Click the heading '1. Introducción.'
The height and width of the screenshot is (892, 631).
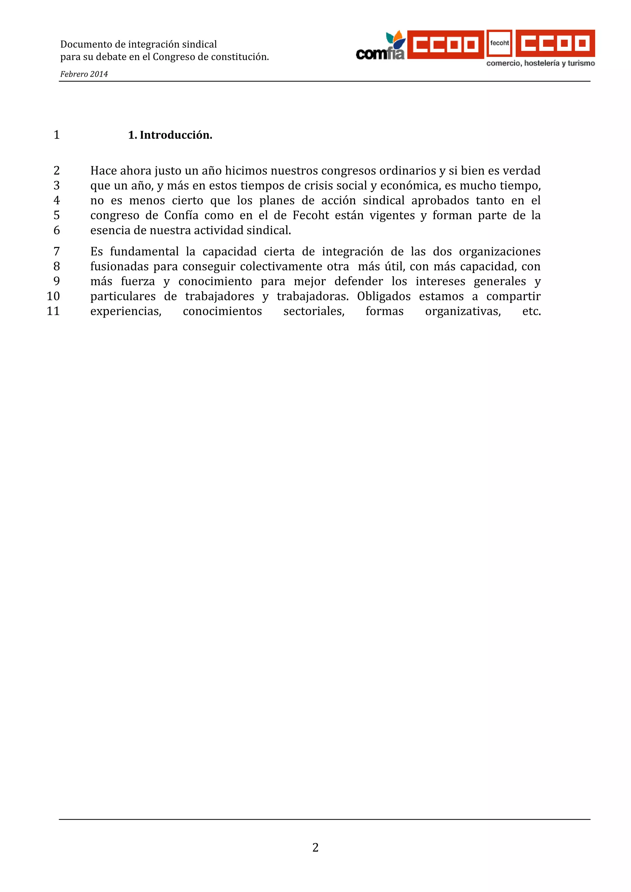(170, 135)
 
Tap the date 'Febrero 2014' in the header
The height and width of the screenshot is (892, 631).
(84, 74)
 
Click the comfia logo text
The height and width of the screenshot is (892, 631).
(380, 54)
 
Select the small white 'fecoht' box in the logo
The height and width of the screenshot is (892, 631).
(499, 43)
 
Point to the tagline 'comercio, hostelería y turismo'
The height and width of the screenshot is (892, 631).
(540, 63)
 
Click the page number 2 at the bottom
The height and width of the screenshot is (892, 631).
(315, 847)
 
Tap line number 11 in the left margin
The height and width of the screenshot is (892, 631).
(53, 311)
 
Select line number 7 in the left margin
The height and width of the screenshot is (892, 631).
(57, 251)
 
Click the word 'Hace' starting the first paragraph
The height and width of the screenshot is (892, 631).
(102, 171)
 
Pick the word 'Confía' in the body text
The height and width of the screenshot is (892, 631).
(181, 215)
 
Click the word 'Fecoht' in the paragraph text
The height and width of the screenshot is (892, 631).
(311, 215)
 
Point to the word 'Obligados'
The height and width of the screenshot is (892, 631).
(384, 296)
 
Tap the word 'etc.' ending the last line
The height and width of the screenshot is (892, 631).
(531, 311)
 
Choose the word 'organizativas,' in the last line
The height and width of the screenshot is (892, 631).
(463, 311)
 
